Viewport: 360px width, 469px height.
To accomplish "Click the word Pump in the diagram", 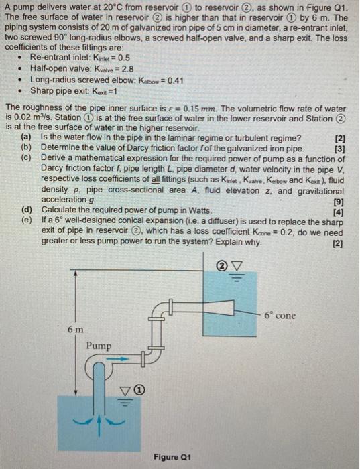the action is (x=98, y=345).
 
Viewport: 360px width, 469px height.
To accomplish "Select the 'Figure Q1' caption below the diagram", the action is (x=172, y=457).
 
